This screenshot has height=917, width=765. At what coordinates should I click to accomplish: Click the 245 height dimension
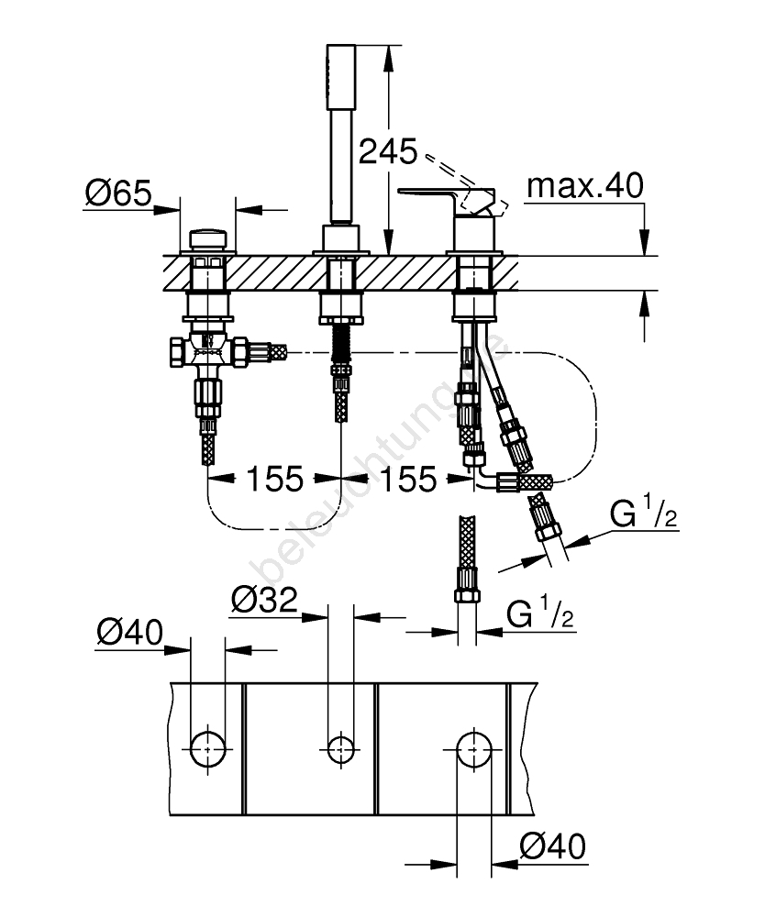point(387,150)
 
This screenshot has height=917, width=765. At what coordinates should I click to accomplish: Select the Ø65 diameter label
point(117,193)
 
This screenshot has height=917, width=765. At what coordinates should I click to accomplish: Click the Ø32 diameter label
point(263,601)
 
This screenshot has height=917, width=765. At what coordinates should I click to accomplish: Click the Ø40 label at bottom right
point(550,845)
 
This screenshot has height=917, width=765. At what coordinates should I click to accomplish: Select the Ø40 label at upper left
point(129,634)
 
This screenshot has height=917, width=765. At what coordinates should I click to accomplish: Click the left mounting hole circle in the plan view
point(207,749)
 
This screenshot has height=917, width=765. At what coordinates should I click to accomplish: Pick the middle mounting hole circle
point(341,749)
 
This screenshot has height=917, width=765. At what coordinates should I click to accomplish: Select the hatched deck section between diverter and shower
point(275,273)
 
